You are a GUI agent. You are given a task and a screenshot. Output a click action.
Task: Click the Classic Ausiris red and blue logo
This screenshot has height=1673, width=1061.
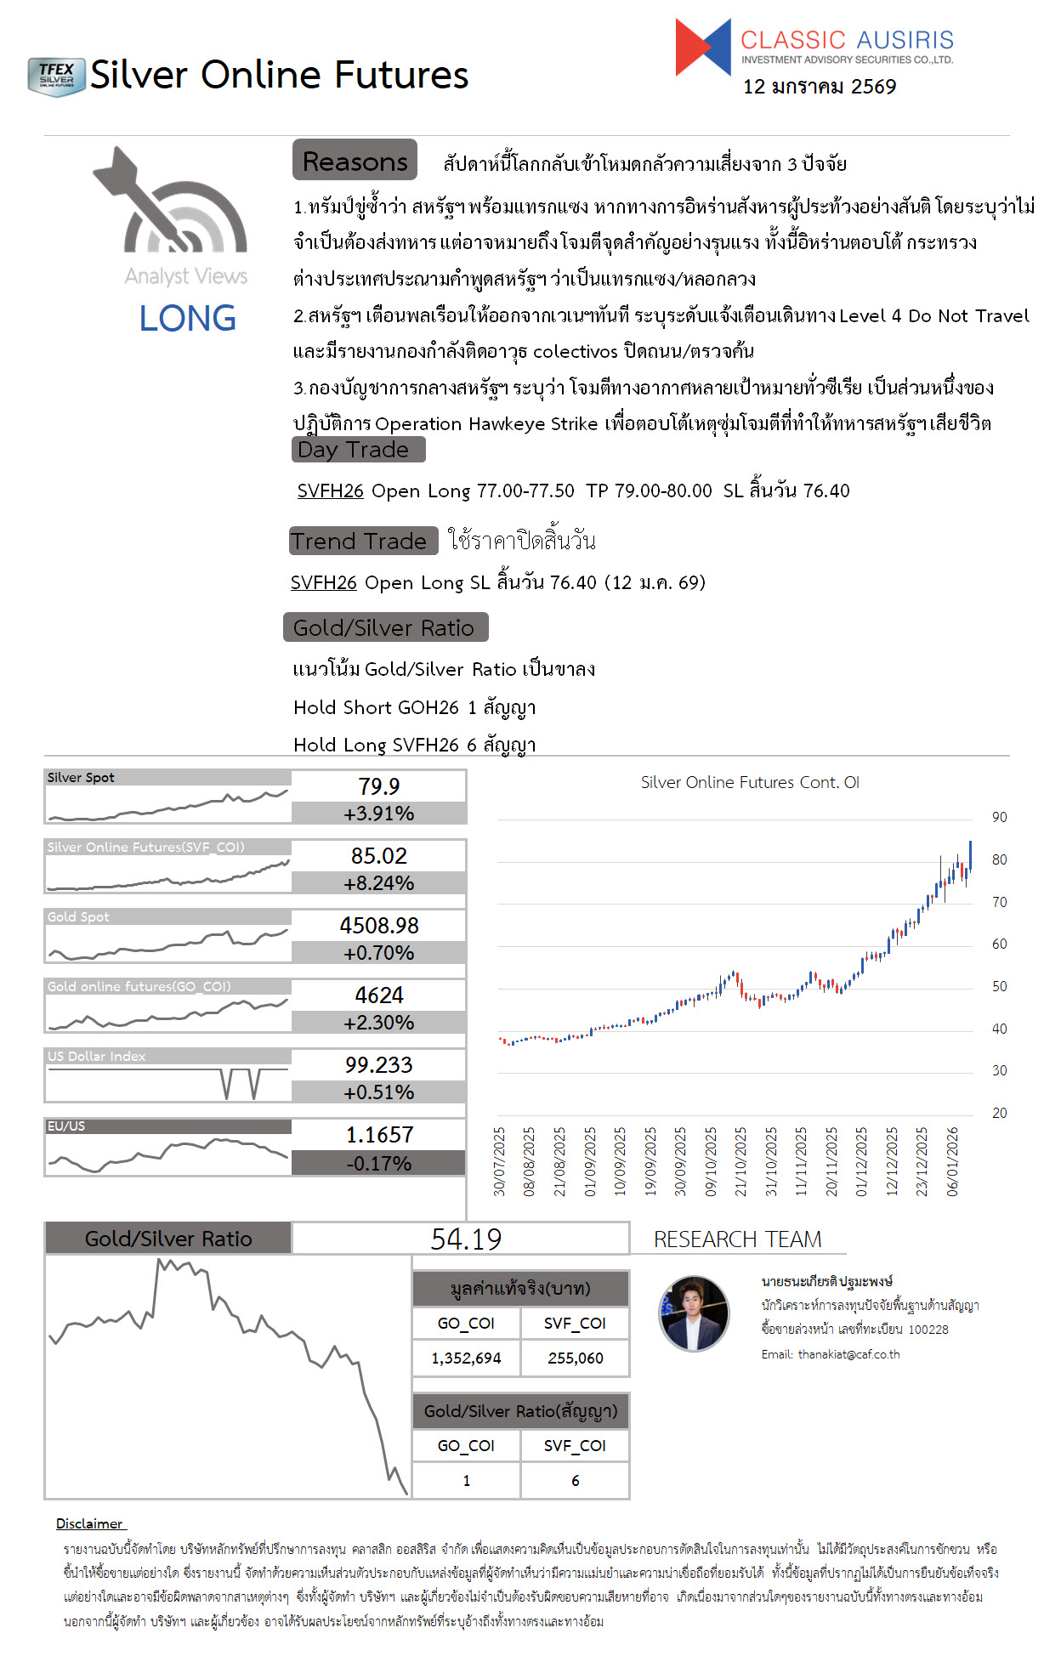(703, 48)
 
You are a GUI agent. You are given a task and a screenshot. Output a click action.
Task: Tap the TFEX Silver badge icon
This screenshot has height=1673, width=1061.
(56, 77)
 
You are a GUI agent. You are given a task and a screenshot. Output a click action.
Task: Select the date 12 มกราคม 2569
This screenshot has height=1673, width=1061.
(819, 87)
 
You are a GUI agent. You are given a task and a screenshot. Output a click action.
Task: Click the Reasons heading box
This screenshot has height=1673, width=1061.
(355, 161)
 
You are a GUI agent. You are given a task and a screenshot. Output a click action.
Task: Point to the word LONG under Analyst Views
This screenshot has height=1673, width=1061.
(187, 319)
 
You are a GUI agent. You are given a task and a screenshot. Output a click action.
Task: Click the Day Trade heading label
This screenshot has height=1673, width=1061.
(358, 450)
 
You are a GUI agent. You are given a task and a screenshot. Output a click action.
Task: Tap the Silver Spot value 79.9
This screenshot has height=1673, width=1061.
(378, 786)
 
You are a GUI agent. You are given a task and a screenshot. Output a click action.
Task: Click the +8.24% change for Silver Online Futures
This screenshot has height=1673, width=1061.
(378, 883)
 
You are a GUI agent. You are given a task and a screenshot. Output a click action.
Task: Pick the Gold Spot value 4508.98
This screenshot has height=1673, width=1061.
(378, 926)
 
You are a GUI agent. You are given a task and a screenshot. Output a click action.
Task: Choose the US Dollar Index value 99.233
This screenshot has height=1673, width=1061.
(378, 1065)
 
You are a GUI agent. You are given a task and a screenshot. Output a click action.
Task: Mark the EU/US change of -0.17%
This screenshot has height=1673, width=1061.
(378, 1163)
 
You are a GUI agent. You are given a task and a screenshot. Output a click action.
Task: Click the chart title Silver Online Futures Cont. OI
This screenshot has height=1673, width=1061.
(750, 782)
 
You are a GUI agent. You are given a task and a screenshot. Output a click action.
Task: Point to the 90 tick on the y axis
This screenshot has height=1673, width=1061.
(999, 817)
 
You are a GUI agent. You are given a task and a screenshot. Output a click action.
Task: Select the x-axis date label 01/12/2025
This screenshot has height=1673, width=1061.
(861, 1161)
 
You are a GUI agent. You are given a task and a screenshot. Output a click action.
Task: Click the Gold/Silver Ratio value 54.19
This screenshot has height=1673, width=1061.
(466, 1239)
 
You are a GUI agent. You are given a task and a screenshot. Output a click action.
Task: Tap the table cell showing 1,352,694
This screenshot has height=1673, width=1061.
(466, 1358)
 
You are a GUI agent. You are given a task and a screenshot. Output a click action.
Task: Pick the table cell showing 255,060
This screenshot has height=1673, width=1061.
(575, 1358)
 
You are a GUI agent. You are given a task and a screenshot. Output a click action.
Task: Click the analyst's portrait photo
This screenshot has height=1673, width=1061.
(694, 1313)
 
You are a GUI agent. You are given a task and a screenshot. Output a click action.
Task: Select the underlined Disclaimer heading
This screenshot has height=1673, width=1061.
(90, 1523)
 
